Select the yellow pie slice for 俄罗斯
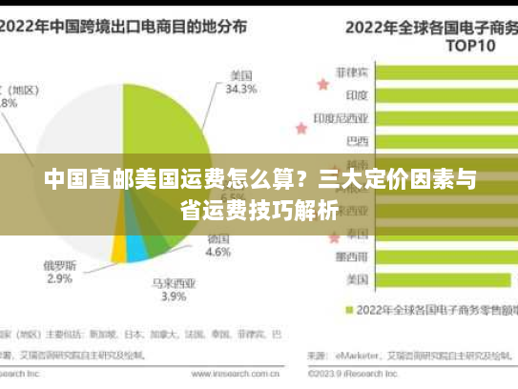coord(119,249)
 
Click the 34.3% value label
coord(240,90)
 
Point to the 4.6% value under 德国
coord(218,253)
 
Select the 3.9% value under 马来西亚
coord(173,297)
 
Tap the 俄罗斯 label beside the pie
coord(59,264)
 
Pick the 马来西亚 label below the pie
coord(173,282)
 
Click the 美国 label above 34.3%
coord(240,75)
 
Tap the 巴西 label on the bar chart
coord(357,141)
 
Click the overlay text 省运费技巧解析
coord(259,211)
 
